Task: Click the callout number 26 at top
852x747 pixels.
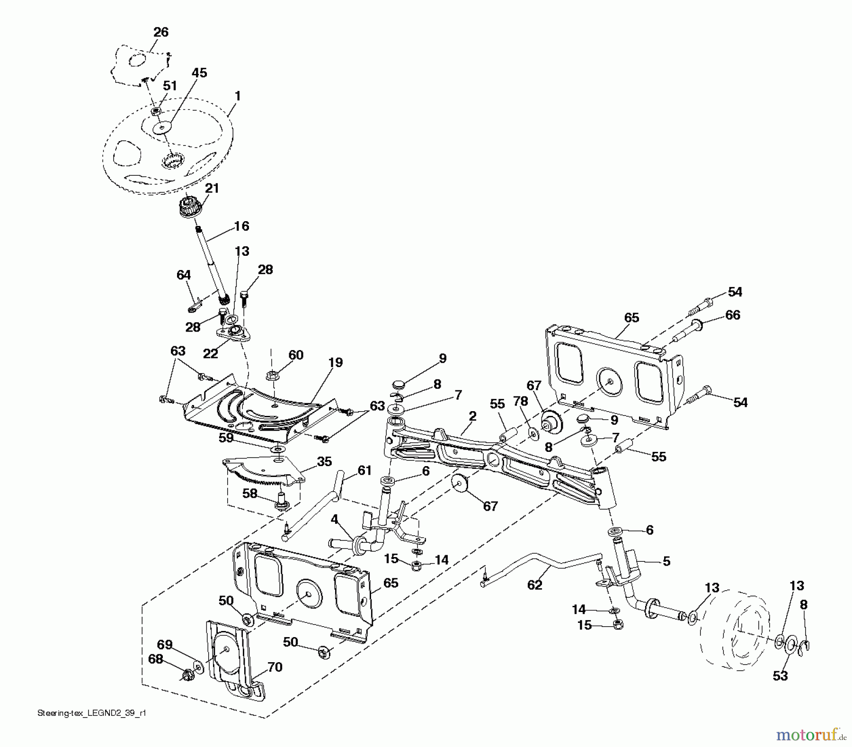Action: (161, 32)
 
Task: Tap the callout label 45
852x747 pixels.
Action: (199, 73)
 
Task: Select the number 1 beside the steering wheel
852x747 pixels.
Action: (238, 96)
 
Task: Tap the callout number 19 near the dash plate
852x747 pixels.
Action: (335, 363)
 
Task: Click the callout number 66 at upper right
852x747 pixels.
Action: (732, 315)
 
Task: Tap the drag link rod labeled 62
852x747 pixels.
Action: (544, 564)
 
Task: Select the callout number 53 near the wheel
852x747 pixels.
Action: (780, 676)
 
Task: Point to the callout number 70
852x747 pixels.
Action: (275, 667)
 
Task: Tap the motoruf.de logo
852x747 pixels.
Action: (810, 734)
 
